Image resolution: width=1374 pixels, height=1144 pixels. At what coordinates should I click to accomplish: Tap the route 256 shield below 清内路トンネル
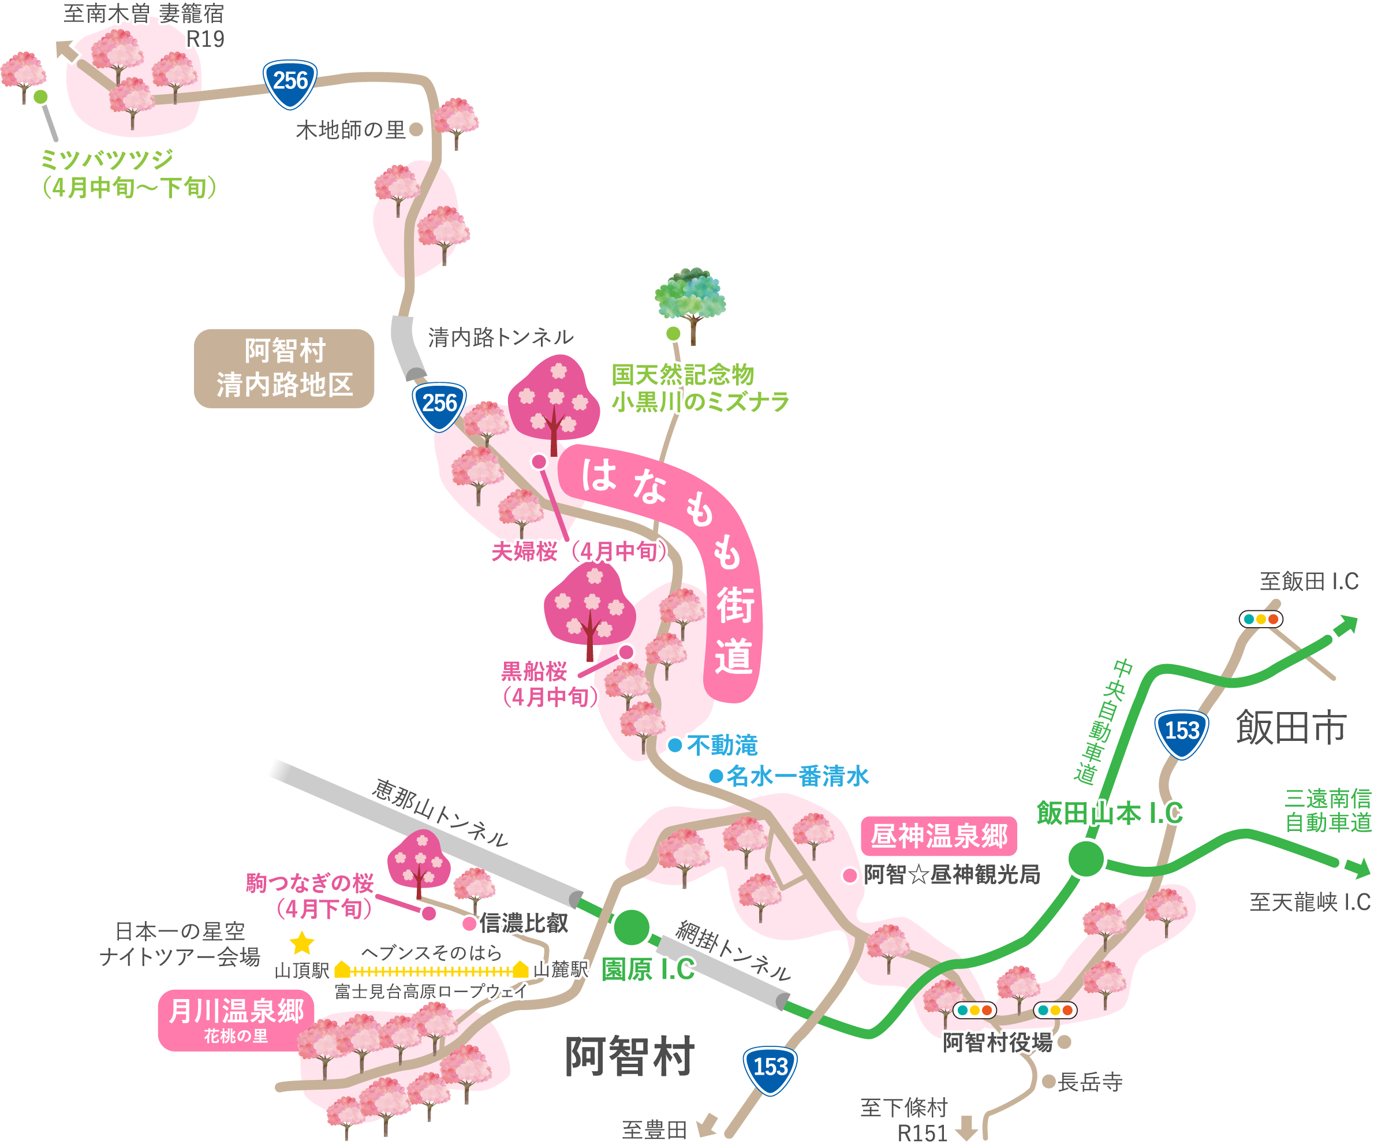point(439,405)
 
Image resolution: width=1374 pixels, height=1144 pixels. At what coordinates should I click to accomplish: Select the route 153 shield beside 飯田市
point(1182,733)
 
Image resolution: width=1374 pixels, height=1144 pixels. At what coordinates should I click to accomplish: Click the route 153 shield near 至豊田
point(770,1070)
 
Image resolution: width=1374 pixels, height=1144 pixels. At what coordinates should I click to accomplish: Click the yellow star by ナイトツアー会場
point(301,943)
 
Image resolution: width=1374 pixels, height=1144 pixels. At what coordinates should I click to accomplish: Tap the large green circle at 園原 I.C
point(632,927)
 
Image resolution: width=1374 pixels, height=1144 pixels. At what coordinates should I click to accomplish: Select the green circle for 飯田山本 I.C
point(1086,859)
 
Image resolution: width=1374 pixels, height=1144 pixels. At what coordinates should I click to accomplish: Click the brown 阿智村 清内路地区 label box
point(284,368)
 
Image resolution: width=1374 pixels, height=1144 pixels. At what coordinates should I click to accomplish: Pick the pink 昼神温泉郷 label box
point(939,836)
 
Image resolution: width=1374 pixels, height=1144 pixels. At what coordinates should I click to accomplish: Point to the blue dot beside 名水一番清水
point(716,776)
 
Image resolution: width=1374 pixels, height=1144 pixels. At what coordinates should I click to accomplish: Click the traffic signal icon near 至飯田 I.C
point(1261,619)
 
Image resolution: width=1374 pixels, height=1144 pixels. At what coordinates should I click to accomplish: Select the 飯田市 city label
point(1290,727)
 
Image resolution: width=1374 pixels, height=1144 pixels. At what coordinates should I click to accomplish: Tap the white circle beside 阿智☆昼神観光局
point(850,875)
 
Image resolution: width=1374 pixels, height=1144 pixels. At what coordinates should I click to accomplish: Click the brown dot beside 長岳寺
point(1049,1081)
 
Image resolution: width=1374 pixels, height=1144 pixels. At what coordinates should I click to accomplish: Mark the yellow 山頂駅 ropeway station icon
point(342,969)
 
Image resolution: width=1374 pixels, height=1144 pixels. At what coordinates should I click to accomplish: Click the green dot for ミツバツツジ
point(40,97)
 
